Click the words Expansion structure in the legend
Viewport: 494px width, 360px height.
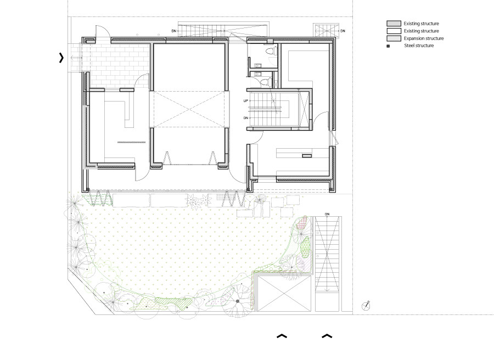423,38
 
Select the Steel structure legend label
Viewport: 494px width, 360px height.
419,46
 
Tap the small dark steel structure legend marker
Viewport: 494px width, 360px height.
389,46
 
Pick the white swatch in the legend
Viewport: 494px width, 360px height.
393,31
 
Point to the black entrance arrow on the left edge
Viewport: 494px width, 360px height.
61,58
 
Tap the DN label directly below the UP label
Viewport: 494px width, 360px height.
246,118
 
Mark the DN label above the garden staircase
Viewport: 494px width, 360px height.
327,213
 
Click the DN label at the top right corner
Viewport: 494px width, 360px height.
343,31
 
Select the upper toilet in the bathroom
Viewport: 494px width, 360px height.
268,51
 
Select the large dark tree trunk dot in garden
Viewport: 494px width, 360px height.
238,301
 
